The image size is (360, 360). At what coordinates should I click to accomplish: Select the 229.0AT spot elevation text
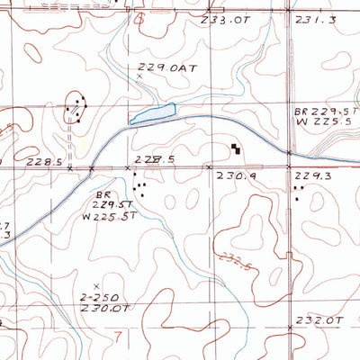(x=170, y=67)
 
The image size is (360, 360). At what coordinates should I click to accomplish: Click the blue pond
(x=152, y=113)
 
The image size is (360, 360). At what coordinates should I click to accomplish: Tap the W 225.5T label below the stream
(x=104, y=216)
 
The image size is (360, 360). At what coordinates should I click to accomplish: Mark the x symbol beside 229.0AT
(x=139, y=77)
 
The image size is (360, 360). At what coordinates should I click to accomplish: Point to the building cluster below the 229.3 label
(x=299, y=188)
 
